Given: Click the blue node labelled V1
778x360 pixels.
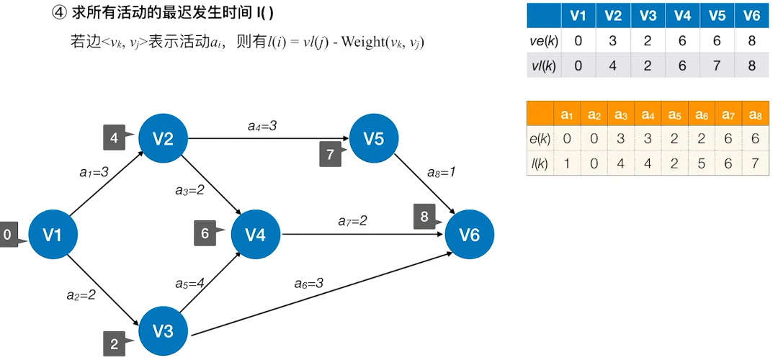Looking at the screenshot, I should point(53,235).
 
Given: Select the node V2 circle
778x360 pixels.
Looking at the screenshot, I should point(163,138).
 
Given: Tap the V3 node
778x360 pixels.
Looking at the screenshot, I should point(163,330).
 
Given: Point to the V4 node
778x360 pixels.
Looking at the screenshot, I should point(256,234).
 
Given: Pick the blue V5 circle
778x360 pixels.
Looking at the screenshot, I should point(374,138).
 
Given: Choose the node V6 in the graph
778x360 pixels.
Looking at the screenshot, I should point(470,234).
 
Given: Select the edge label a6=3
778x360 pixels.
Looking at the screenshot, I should point(308,283).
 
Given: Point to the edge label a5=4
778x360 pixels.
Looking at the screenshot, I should point(190,283).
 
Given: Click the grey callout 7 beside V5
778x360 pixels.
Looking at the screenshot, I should point(329,154).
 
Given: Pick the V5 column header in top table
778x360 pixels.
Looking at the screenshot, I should point(717,15).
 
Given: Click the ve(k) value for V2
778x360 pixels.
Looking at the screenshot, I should point(613,40).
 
